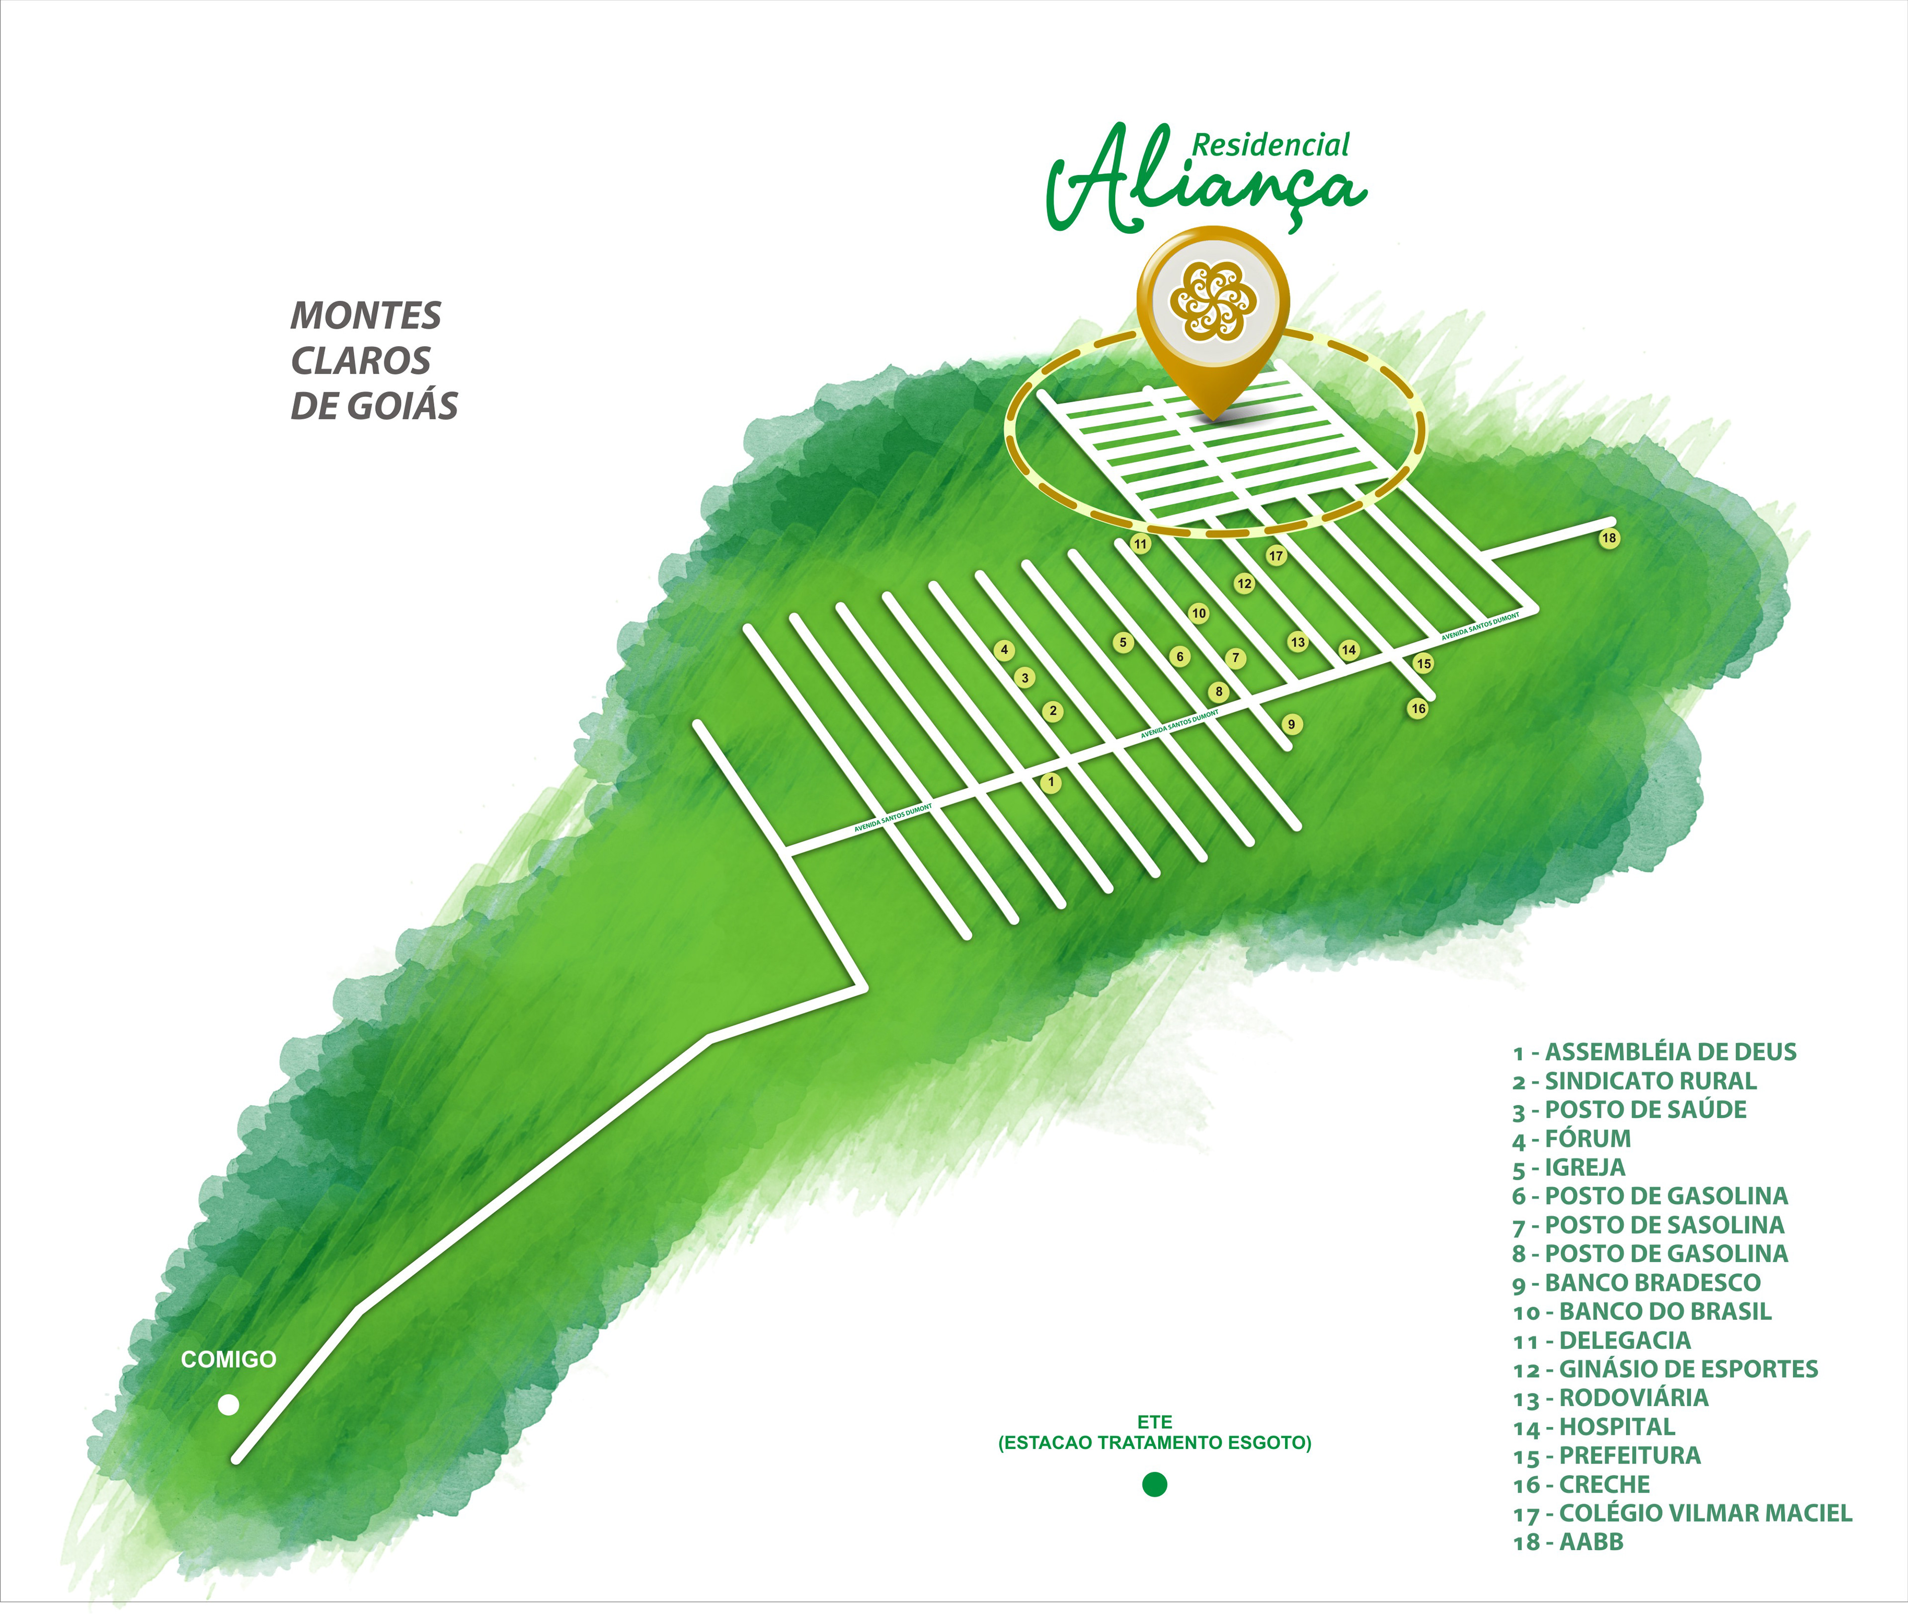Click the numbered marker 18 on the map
1609,538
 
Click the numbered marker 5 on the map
1124,642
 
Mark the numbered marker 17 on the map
1275,555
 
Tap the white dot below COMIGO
228,1404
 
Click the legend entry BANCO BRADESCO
1636,1283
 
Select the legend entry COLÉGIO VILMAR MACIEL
1682,1513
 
